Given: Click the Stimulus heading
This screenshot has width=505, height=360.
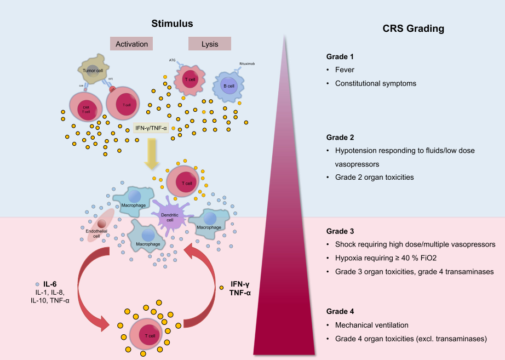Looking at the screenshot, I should point(173,24).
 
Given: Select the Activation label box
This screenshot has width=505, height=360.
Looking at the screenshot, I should point(131,44).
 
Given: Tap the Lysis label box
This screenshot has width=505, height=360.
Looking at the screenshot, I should point(210,44).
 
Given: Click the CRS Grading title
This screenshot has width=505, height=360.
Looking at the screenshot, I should point(412,28).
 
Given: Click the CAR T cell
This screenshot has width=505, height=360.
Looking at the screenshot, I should point(86,108).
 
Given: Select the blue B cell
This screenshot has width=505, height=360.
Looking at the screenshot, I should point(228,87).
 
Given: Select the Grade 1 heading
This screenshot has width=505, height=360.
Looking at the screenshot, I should point(340,56).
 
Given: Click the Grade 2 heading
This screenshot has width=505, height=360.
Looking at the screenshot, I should point(340,138).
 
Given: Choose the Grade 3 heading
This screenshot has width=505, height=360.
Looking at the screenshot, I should point(340,231).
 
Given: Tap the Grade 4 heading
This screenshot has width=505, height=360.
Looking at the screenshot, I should point(340,312).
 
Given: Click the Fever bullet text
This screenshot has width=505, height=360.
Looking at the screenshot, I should point(345,70).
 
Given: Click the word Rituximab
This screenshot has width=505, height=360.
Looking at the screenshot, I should point(248,64).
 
